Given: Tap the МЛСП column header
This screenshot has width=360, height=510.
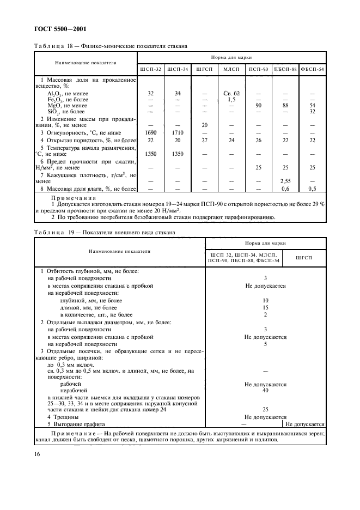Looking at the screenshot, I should [x=231, y=69].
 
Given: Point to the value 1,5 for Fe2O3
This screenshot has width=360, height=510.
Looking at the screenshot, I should [x=231, y=99].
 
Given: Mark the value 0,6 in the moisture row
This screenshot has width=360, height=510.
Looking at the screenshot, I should [x=285, y=189].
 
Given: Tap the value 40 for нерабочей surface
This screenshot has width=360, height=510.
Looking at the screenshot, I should [x=266, y=391].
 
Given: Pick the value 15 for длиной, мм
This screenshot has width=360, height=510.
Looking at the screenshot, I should [x=266, y=307].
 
